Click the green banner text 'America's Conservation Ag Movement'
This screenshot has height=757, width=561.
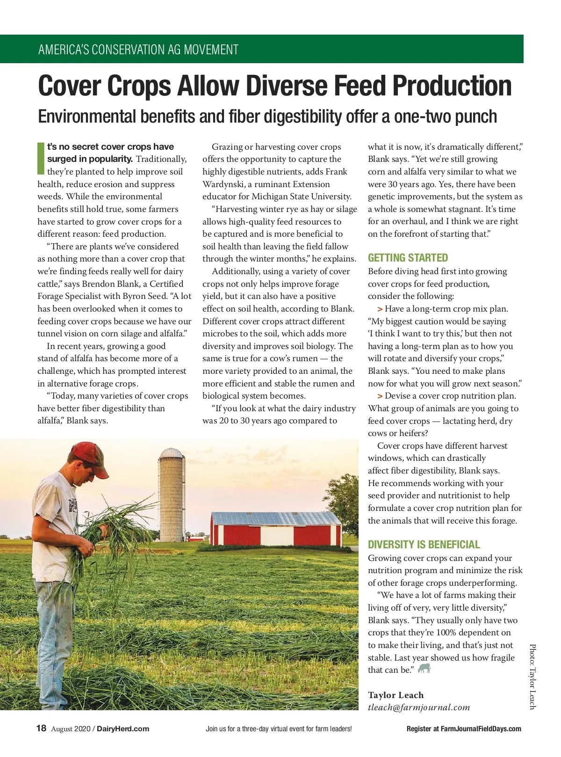click(x=138, y=50)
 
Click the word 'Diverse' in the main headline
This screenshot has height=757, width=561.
click(x=287, y=86)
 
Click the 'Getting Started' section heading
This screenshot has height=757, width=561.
click(x=408, y=258)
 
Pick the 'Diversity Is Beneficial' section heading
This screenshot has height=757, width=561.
click(x=424, y=545)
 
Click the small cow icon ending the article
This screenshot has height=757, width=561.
click(x=424, y=669)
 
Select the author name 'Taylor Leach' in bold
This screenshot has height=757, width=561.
click(x=396, y=695)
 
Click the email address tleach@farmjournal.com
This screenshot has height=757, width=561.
click(x=418, y=707)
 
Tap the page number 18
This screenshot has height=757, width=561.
click(x=42, y=728)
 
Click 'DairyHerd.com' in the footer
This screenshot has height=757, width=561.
click(x=123, y=729)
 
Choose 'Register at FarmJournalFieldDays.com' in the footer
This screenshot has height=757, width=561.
click(x=464, y=729)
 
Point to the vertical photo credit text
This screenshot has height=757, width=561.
click(x=532, y=677)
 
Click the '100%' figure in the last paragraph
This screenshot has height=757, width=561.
click(x=448, y=633)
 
